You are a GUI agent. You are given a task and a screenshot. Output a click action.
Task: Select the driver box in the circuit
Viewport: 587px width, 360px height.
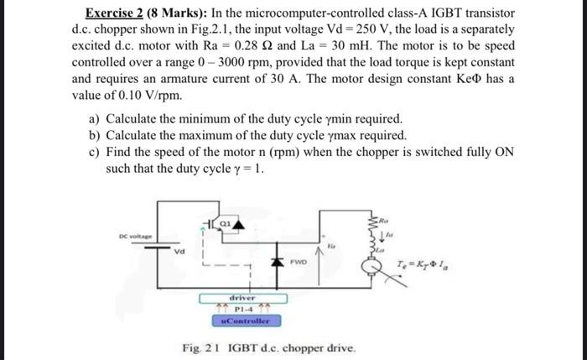(243, 297)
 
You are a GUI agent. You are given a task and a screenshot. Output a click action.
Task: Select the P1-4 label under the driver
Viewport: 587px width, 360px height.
(243, 309)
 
